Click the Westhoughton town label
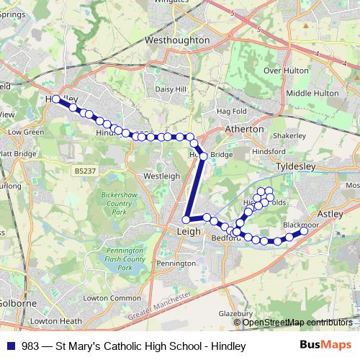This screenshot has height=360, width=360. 176,41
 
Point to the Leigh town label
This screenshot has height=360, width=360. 189,231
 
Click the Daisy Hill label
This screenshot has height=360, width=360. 171,89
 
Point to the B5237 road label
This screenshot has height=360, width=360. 84,171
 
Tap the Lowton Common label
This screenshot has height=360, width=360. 115,298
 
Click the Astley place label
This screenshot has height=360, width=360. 330,215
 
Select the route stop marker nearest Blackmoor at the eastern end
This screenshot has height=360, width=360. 304,230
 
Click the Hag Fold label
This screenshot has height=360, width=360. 232,112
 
